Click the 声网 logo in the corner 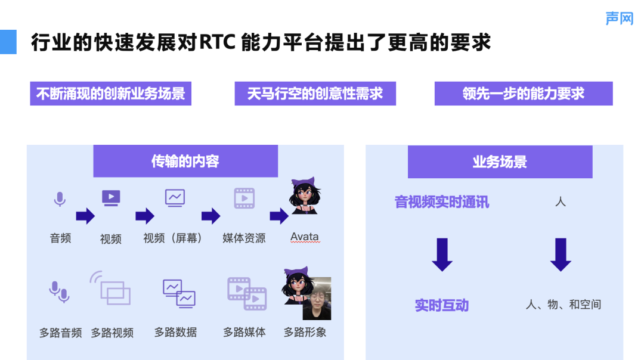point(620,18)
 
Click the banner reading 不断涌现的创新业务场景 point(110,94)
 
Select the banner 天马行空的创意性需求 point(315,94)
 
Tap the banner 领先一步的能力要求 point(524,94)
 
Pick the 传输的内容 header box point(185,161)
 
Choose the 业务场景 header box point(500,162)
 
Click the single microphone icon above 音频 point(60,199)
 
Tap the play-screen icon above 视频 point(111,198)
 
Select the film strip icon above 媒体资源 point(244,198)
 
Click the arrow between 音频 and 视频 point(85,216)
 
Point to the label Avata point(305,237)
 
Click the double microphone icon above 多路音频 point(60,292)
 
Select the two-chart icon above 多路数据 point(179,293)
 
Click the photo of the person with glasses point(317,299)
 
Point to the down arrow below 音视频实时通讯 point(442,255)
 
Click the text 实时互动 point(442,305)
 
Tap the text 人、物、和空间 point(563,305)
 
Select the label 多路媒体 point(244,332)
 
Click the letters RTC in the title point(218,42)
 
